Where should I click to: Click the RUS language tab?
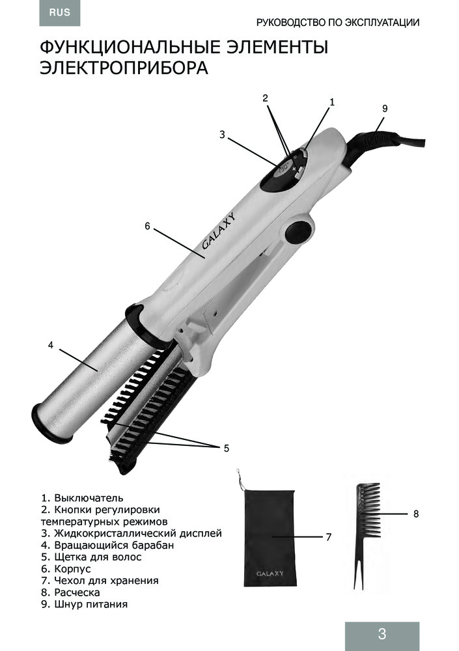pos(60,13)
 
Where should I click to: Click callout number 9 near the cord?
pos(385,109)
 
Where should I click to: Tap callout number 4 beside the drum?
pos(51,345)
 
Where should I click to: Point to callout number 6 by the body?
pos(147,227)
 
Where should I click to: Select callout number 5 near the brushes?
pos(227,449)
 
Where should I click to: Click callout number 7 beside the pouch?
pos(329,537)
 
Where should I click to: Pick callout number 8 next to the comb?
pos(416,514)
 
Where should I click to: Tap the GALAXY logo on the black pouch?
pos(270,574)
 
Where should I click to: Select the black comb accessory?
pos(365,536)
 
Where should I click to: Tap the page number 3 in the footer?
pos(382,633)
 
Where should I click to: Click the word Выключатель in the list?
pos(89,498)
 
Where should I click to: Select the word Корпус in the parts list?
pos(72,569)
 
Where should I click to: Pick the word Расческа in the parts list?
pos(77,592)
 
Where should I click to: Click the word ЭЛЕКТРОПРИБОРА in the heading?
pos(124,68)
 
